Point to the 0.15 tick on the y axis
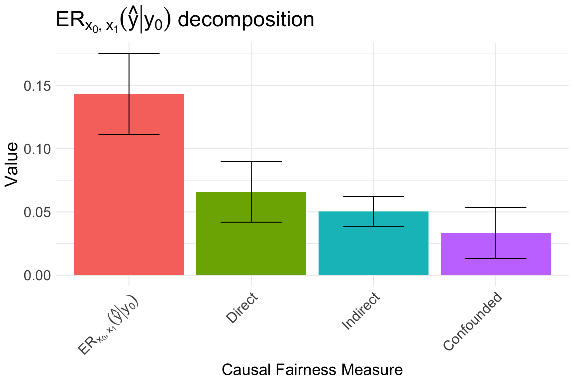37,86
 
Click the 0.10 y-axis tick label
37,149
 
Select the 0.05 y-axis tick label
37,212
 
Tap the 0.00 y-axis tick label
37,276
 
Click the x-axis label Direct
242,308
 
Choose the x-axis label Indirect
361,311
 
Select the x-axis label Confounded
473,321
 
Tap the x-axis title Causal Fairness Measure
312,370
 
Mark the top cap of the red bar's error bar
129,54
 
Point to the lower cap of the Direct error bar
251,222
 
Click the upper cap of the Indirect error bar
373,196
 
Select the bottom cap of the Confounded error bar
496,259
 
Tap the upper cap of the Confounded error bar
496,207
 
